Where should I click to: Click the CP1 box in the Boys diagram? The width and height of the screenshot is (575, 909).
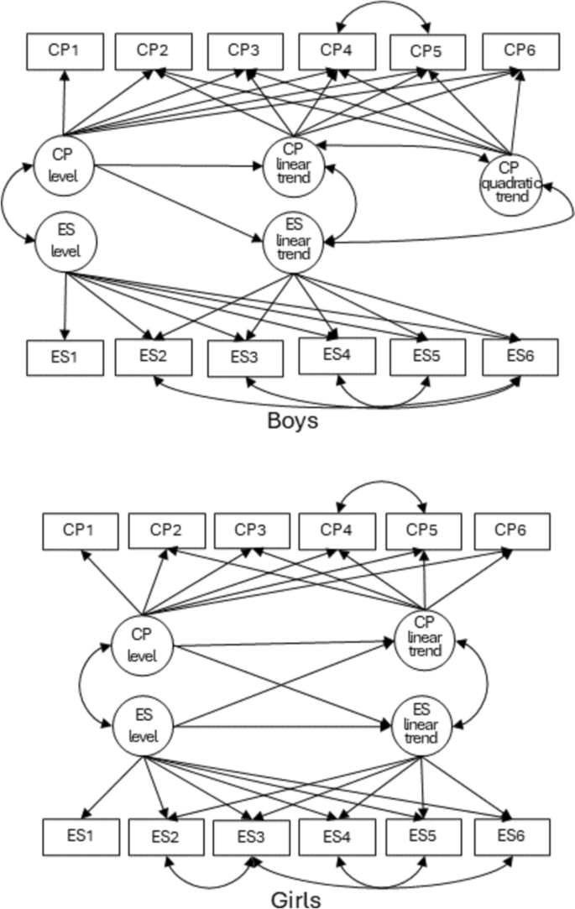[64, 52]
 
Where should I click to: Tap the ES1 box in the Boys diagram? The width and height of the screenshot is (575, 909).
[64, 357]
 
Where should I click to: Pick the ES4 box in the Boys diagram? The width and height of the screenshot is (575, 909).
[337, 355]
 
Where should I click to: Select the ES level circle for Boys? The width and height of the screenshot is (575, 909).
[65, 242]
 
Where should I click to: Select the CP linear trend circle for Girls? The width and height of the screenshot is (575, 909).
[425, 642]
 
